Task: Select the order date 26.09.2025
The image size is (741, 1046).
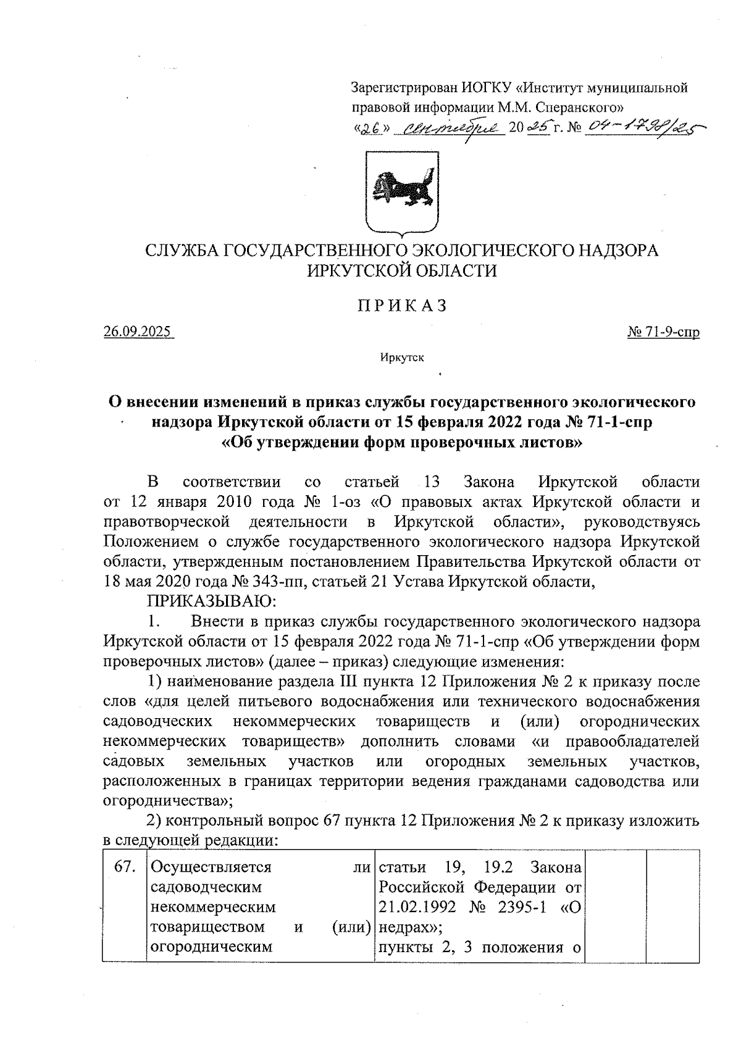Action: pos(139,332)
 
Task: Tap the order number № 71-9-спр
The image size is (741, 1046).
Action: pos(663,332)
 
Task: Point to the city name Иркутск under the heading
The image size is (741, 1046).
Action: pos(402,358)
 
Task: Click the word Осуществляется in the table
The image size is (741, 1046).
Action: pos(211,867)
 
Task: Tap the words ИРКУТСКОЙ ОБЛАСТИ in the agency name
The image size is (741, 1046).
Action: pos(402,271)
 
